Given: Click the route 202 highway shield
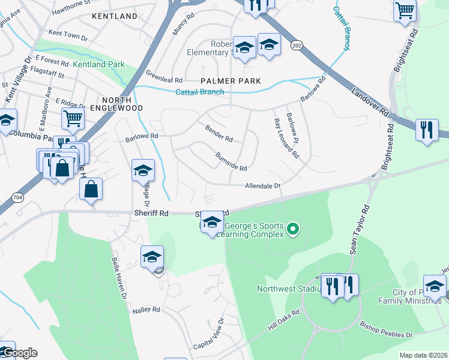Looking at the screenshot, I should click(x=296, y=45).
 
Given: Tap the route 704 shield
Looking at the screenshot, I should click(x=16, y=196).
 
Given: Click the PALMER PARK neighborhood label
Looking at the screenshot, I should click(x=231, y=80).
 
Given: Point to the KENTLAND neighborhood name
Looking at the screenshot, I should click(x=115, y=16).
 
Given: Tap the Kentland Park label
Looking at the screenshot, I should click(x=98, y=64).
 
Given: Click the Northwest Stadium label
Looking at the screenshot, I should click(x=286, y=289).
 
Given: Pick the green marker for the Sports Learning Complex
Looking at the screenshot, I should click(x=293, y=228).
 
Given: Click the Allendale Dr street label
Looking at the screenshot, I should click(x=263, y=186).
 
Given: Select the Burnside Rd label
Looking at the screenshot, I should click(x=231, y=161).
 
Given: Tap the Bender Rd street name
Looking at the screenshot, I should click(x=218, y=134).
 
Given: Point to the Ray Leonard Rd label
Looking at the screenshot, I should click(x=286, y=137).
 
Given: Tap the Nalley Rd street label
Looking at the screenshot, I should click(x=148, y=310).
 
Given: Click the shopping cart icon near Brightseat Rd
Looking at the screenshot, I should click(x=405, y=10).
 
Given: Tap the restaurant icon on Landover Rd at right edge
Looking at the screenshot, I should click(x=427, y=130).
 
